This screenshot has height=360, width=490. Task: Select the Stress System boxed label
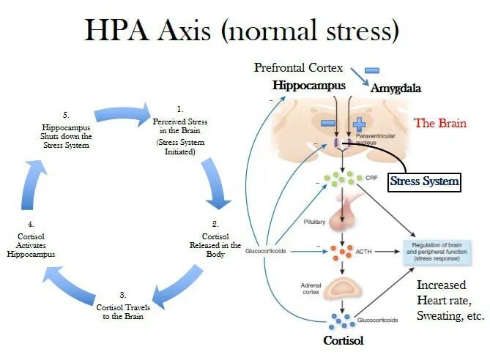[x=425, y=181]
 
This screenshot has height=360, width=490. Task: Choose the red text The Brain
[x=440, y=123]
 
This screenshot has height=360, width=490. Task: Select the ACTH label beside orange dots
[x=364, y=250]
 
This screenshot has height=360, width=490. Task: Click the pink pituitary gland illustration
[x=342, y=215]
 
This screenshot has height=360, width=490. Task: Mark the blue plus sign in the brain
[x=359, y=124]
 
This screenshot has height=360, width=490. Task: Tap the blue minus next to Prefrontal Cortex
[x=372, y=70]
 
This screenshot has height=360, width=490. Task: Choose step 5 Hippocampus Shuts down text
[x=65, y=131]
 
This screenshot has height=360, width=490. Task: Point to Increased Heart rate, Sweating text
[x=450, y=300]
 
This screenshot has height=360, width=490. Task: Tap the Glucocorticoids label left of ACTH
[x=267, y=250]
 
